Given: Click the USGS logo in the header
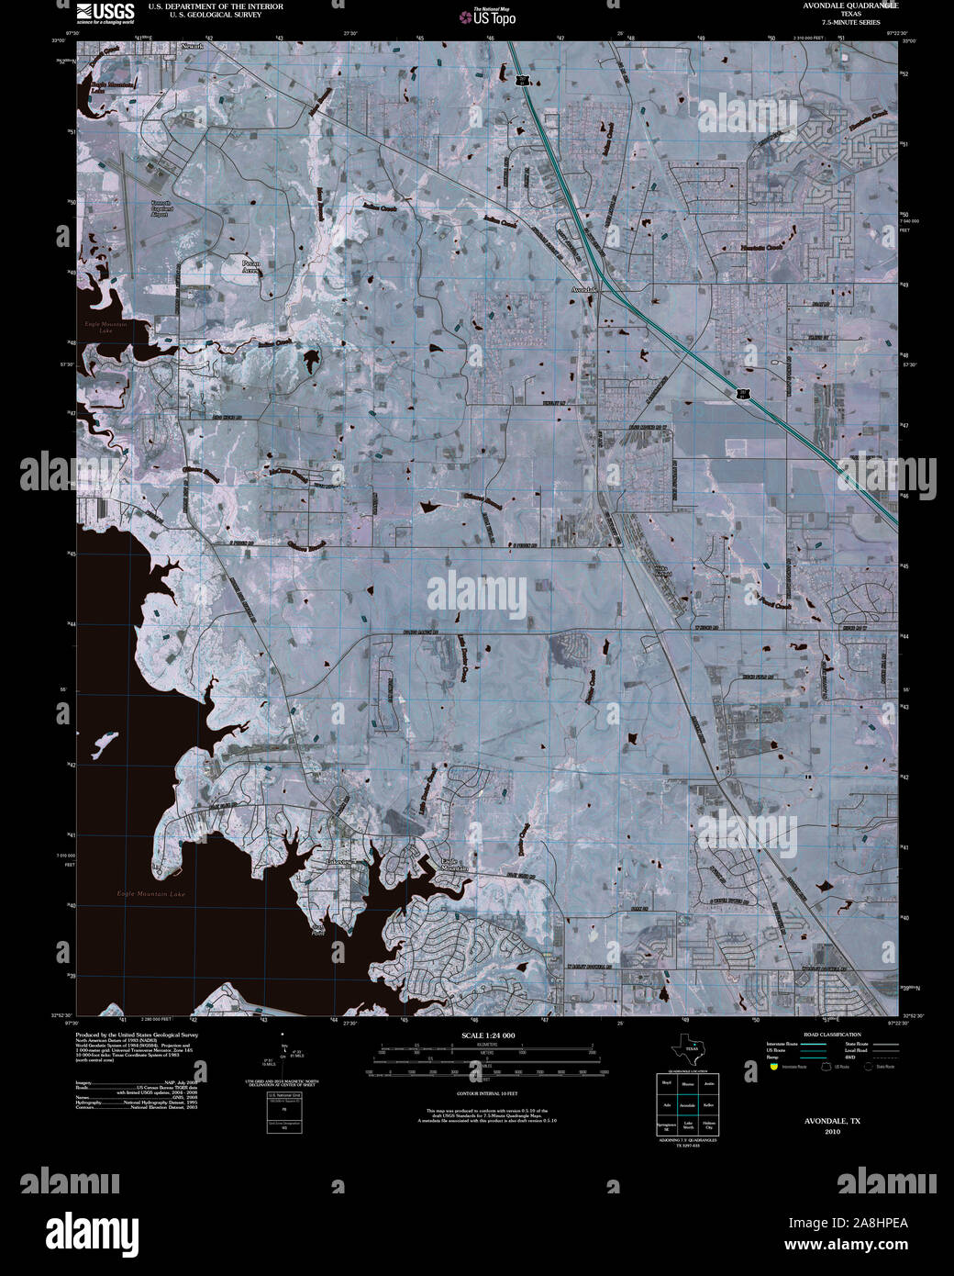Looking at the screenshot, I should click(x=105, y=12).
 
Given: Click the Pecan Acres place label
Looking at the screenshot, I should click(x=251, y=267).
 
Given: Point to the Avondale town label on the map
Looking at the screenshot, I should click(x=583, y=289).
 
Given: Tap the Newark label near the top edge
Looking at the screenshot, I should click(x=192, y=45).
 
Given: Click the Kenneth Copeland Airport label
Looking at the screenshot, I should click(x=161, y=209).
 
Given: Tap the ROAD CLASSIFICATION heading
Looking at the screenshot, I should click(x=832, y=1035).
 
